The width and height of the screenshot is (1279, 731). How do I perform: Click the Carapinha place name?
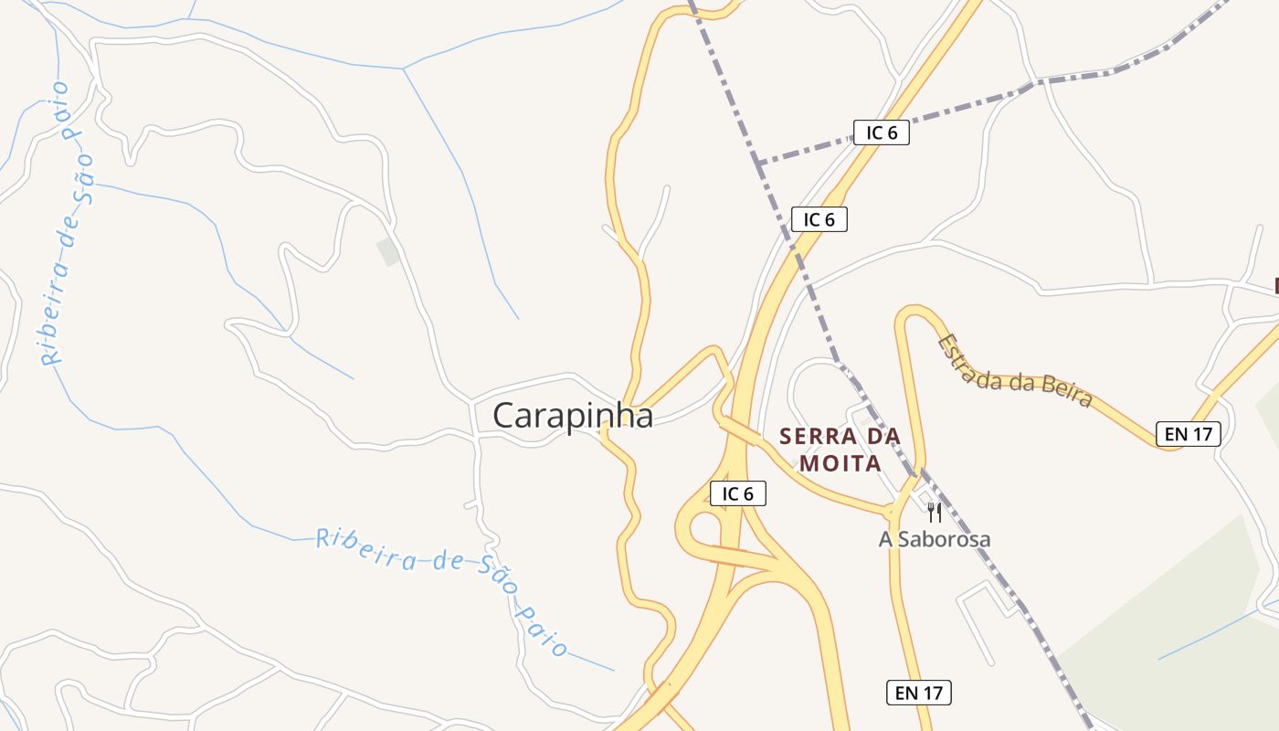[x=573, y=416]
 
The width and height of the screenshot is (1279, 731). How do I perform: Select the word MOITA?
[x=840, y=463]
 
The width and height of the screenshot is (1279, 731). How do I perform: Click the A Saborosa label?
[x=934, y=539]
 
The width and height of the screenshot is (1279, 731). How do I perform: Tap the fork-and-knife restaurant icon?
[x=934, y=513]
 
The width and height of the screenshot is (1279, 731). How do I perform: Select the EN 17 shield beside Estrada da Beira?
[x=1188, y=434]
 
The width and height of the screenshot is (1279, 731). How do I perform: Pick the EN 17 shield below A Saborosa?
[x=918, y=693]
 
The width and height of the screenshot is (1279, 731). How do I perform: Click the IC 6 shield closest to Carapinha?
[x=737, y=494]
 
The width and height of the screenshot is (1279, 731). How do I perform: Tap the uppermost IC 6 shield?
[x=881, y=132]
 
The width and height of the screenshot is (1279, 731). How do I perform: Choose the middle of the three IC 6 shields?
[x=819, y=219]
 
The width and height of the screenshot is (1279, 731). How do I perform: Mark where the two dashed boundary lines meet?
[x=758, y=162]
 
